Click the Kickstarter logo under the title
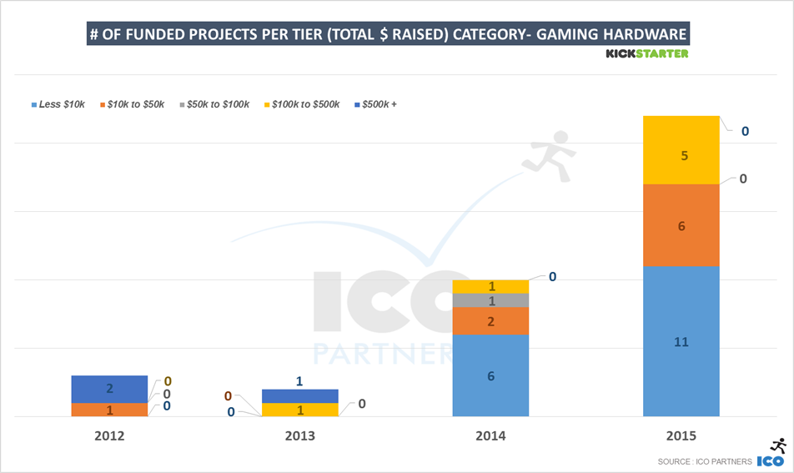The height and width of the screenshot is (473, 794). coord(646,53)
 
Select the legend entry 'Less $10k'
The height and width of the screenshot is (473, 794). coord(58,105)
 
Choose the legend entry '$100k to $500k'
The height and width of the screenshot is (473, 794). coord(302,105)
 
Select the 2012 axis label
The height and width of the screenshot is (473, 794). coord(109,436)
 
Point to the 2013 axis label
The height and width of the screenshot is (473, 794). coord(300,436)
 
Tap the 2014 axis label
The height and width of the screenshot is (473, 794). coord(490,436)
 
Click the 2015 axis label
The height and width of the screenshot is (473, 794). coord(681,436)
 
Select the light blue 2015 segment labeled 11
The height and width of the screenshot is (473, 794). coord(681,341)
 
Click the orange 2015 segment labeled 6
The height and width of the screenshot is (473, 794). coord(681,225)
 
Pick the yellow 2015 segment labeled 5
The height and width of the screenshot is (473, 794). coord(681,150)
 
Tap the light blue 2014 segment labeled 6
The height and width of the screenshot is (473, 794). coord(490,375)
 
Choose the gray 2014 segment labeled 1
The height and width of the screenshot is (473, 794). coord(490,300)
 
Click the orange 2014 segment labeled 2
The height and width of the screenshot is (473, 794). coord(490,321)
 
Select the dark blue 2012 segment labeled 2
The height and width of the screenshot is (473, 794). coord(109,390)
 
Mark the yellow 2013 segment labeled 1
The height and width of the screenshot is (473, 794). coord(300,410)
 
